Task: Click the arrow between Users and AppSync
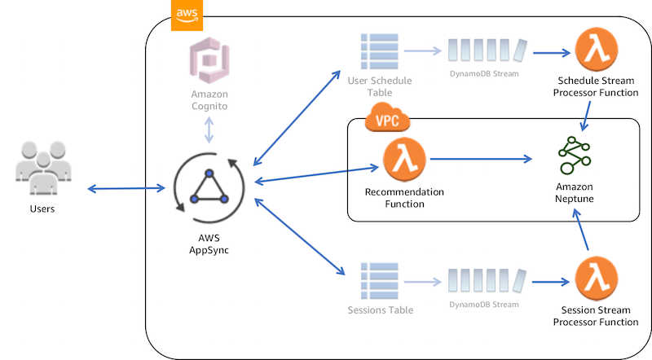[126, 190]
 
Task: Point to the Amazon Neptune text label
[575, 193]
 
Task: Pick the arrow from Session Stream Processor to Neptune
[582, 232]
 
